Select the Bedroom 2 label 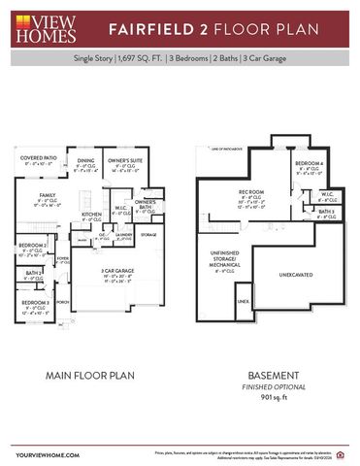click(32, 247)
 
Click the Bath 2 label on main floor click(32, 273)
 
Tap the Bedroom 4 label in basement click(310, 162)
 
